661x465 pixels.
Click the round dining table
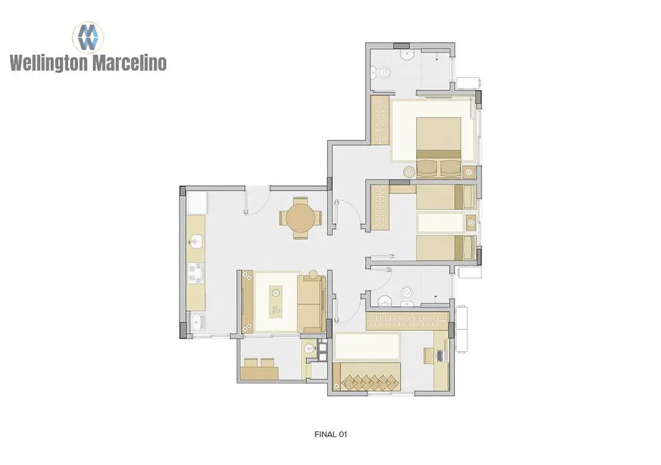(299, 217)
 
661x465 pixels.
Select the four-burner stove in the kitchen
(196, 272)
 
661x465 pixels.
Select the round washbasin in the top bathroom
(407, 55)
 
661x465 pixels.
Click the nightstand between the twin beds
(470, 222)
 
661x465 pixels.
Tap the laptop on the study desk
(441, 353)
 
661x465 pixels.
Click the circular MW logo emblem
(88, 35)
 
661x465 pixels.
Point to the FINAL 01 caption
(330, 434)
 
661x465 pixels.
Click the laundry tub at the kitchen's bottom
(197, 324)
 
